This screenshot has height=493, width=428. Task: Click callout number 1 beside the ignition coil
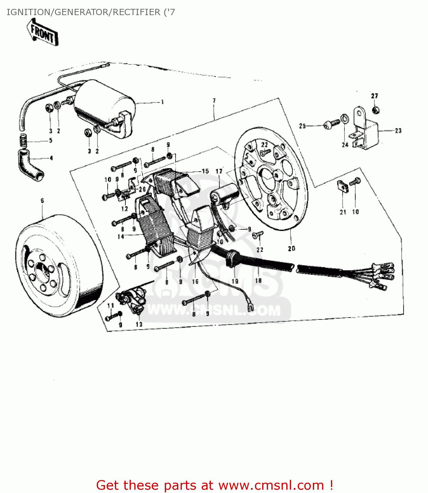(x=162, y=102)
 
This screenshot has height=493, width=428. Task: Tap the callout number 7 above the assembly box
(x=214, y=101)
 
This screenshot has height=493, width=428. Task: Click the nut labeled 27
(x=375, y=109)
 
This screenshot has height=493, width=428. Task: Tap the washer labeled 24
(x=344, y=118)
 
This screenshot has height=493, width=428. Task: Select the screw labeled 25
(x=330, y=125)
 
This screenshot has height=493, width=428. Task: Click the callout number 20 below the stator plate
(x=291, y=248)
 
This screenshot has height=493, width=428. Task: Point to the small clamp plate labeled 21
(x=342, y=186)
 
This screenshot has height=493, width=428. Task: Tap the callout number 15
(x=205, y=171)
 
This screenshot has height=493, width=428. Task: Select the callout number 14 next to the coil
(x=121, y=236)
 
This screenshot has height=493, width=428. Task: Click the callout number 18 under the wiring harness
(x=258, y=280)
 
